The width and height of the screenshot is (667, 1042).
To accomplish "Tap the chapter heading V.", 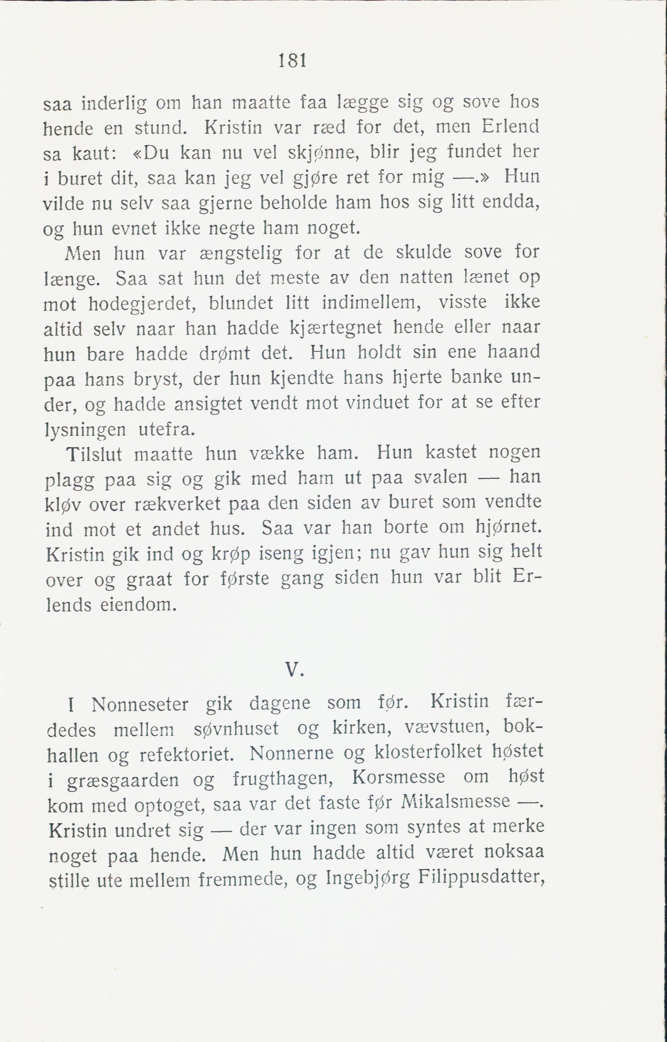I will (x=293, y=670).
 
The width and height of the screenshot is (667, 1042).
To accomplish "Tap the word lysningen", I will (x=85, y=430).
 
